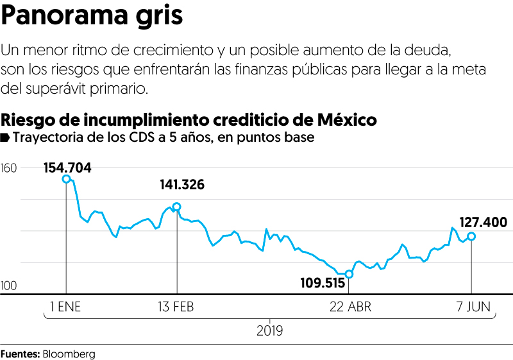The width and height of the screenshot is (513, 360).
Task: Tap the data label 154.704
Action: pyautogui.click(x=67, y=168)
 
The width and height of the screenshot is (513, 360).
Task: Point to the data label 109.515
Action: pyautogui.click(x=323, y=282)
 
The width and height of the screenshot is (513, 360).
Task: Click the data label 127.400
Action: pyautogui.click(x=484, y=223)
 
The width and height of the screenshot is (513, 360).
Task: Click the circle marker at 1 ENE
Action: pyautogui.click(x=66, y=179)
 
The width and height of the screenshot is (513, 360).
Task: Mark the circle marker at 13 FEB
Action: pyautogui.click(x=177, y=207)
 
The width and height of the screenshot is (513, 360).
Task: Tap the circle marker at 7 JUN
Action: pyautogui.click(x=471, y=236)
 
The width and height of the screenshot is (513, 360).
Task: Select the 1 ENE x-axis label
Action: pyautogui.click(x=66, y=307)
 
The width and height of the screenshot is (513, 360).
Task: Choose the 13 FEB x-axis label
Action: pyautogui.click(x=176, y=307)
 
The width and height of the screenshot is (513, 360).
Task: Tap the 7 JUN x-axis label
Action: pyautogui.click(x=471, y=307)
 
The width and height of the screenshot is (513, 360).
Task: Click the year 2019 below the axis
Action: pyautogui.click(x=269, y=332)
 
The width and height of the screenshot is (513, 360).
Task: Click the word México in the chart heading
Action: pyautogui.click(x=346, y=120)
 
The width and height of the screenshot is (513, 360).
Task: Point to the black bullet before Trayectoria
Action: pyautogui.click(x=5, y=137)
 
